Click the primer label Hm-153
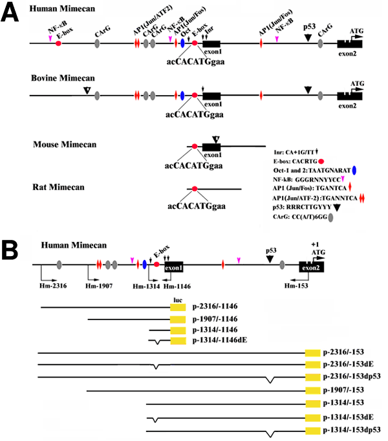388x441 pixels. click(299, 281)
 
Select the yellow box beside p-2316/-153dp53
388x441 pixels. click(313, 378)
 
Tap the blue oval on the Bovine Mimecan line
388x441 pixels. click(182, 95)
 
